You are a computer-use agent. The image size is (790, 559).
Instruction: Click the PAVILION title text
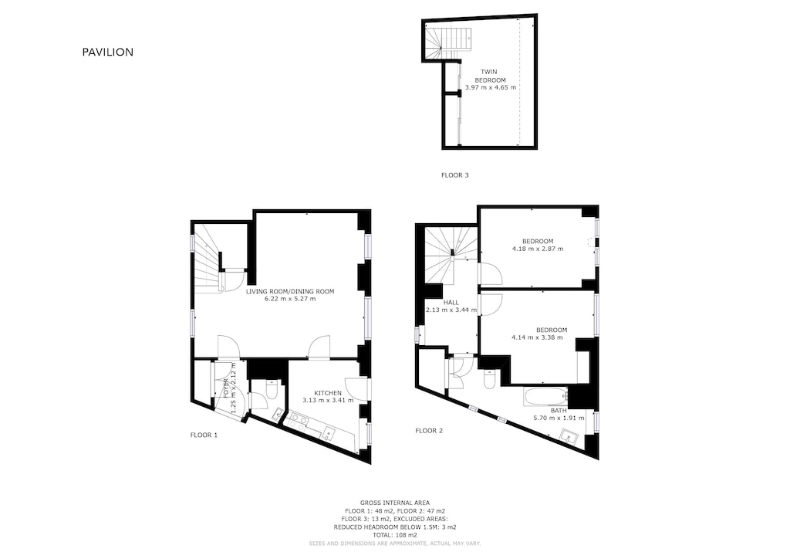click(108, 53)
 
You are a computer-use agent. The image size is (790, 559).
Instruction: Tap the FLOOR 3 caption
click(454, 175)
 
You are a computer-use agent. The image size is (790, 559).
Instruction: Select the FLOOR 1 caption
click(204, 435)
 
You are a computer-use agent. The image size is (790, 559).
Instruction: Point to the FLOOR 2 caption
click(429, 430)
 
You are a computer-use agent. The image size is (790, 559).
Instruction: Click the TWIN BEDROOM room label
click(490, 76)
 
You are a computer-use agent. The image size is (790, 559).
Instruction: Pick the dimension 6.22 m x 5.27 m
click(290, 299)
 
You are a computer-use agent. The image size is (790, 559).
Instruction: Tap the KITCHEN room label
click(328, 393)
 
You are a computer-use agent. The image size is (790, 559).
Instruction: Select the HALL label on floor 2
click(451, 302)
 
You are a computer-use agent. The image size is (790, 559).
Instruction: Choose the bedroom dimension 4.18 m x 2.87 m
click(537, 249)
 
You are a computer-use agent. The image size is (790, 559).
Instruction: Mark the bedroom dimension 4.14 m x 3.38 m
click(538, 337)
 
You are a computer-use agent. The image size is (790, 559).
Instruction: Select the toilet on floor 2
click(489, 381)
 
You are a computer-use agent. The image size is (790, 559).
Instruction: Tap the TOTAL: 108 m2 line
click(394, 535)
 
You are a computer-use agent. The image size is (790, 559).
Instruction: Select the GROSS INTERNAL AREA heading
click(394, 503)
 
